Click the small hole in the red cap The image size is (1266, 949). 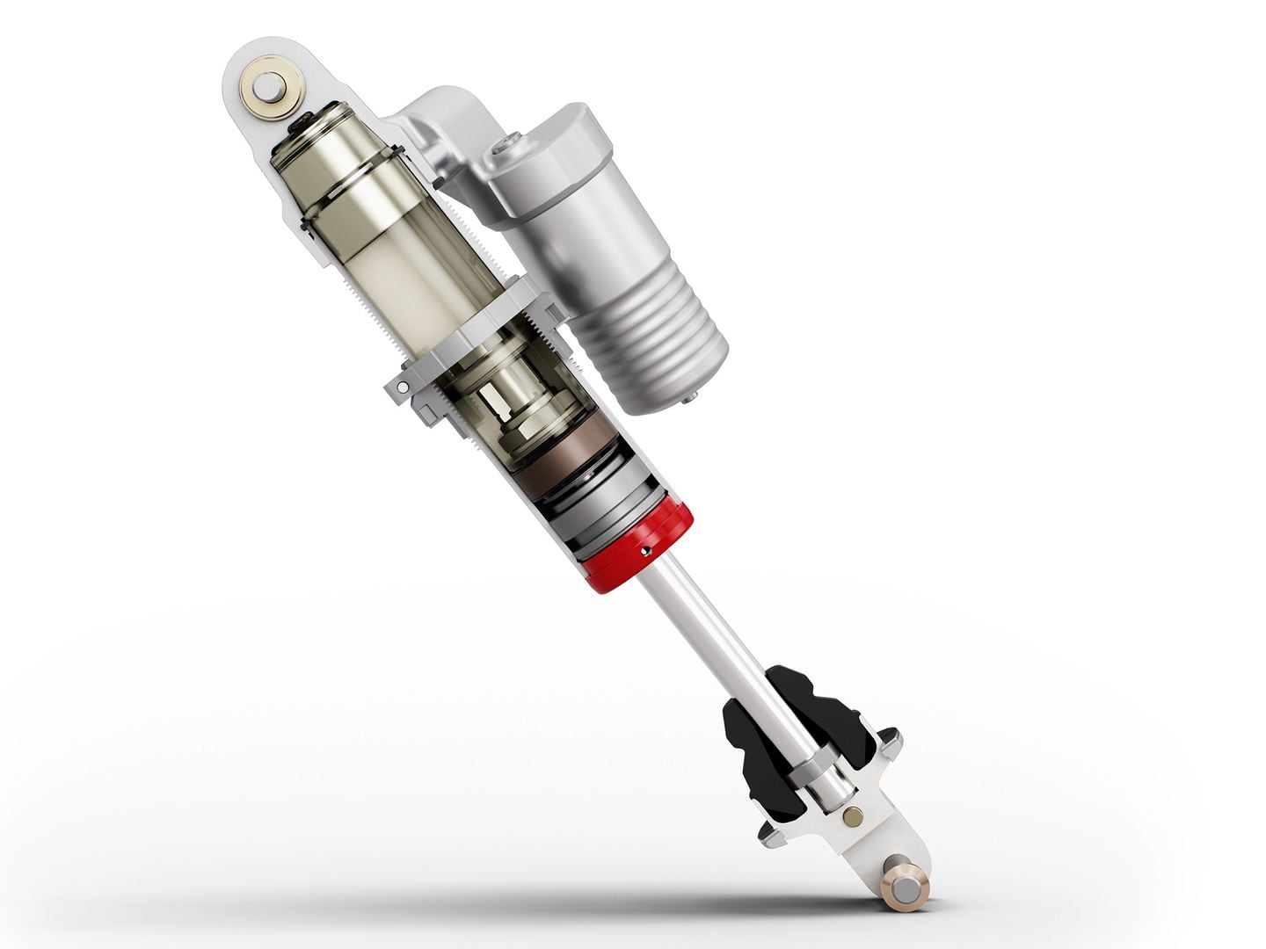[x=647, y=551]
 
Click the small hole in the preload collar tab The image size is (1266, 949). [x=401, y=385]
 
